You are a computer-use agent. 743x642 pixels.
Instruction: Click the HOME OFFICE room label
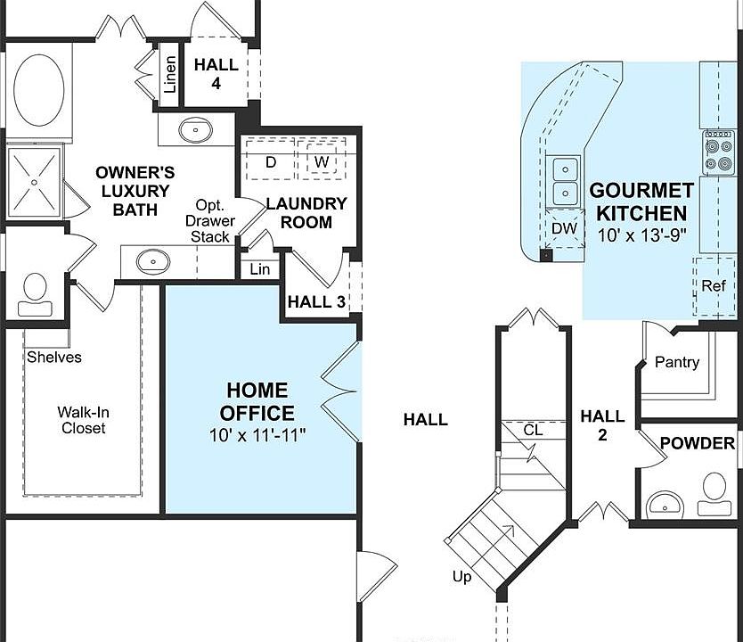click(x=257, y=401)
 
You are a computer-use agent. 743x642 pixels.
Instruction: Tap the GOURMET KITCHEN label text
click(x=641, y=202)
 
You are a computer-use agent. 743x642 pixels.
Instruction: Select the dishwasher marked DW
click(x=564, y=229)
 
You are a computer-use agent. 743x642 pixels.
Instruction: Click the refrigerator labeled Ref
click(x=714, y=286)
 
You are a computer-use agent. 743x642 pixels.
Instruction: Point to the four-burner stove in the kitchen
click(x=718, y=150)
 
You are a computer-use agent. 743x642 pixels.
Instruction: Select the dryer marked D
click(x=271, y=161)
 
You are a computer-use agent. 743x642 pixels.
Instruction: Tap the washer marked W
click(x=319, y=161)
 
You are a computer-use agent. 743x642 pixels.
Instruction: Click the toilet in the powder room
click(x=714, y=493)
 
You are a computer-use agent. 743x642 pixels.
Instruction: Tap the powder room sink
click(x=663, y=505)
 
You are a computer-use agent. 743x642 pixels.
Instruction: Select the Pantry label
click(x=677, y=362)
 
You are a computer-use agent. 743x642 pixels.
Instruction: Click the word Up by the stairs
click(x=461, y=577)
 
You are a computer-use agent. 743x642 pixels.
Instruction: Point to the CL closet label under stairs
click(x=533, y=430)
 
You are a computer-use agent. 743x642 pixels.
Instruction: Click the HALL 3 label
click(x=316, y=301)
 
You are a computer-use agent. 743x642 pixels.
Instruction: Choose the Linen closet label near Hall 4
click(x=169, y=77)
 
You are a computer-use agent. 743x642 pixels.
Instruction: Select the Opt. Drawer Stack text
click(x=210, y=220)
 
